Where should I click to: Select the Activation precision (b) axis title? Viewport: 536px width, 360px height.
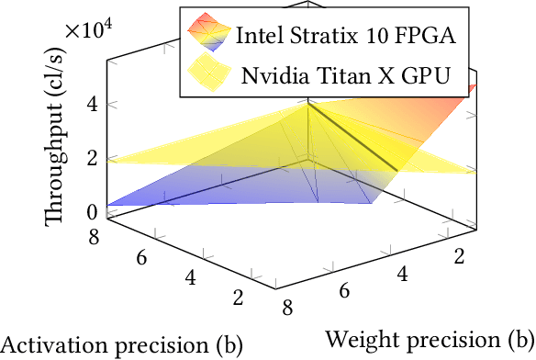[x=121, y=345]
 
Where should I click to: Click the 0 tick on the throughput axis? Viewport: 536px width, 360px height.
[x=92, y=211]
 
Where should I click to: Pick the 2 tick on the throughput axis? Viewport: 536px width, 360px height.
[x=92, y=159]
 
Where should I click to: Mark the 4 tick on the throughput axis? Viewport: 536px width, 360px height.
[x=92, y=106]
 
